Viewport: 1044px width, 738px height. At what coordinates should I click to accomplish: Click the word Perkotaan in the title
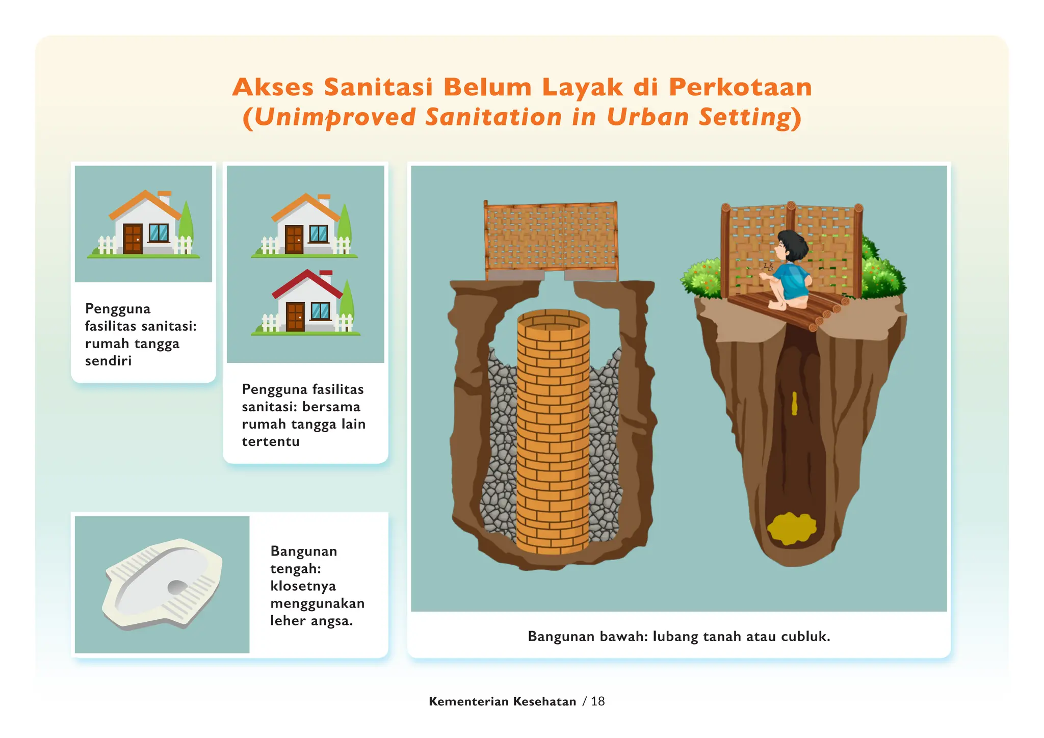[740, 87]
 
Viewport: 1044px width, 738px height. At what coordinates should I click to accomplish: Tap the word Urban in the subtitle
[647, 117]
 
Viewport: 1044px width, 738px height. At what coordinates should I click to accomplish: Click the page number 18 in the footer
[597, 701]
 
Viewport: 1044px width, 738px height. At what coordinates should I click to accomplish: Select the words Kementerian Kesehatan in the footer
[502, 701]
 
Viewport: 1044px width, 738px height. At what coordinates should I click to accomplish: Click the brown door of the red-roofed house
[295, 317]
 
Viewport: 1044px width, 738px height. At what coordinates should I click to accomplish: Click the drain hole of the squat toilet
[177, 587]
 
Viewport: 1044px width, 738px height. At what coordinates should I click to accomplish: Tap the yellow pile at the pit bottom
[791, 529]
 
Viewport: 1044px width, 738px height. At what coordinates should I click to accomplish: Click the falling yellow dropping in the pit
[794, 404]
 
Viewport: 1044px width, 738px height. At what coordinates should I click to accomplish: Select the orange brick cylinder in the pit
[553, 433]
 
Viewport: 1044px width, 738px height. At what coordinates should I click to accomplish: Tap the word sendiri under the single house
[108, 361]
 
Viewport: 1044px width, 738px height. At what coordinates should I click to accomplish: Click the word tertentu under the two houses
[271, 441]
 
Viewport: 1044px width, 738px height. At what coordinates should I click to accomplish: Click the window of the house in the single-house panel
[159, 233]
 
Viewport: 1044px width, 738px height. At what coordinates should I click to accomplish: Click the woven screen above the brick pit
[551, 237]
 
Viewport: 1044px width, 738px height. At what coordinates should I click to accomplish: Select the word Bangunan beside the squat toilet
[304, 551]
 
